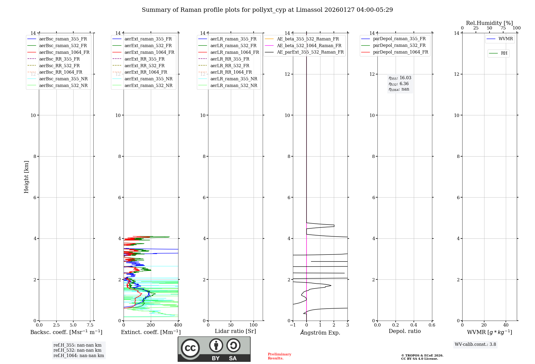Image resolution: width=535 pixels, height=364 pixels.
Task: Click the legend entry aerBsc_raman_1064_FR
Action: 64,52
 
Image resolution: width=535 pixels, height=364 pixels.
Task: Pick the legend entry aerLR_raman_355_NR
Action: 234,79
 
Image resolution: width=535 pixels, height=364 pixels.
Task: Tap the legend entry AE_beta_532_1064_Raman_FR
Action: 309,46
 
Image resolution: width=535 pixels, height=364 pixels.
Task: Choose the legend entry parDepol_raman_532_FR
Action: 399,45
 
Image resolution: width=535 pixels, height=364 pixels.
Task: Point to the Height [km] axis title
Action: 26,177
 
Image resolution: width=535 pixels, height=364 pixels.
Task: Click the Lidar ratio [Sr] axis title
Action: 235,331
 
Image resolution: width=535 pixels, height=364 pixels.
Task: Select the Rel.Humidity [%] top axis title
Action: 489,23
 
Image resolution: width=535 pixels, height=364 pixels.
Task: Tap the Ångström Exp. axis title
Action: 320,333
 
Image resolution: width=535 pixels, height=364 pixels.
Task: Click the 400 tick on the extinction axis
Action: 178,325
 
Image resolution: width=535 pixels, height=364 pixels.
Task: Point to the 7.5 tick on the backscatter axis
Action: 90,325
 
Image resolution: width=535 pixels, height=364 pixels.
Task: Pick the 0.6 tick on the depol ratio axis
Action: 432,325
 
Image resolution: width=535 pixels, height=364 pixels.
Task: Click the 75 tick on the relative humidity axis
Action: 503,28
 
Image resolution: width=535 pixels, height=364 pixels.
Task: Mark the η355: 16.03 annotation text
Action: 400,78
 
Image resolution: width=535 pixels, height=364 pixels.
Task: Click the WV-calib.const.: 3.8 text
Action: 475,344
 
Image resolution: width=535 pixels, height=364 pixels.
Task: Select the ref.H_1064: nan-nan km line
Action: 79,356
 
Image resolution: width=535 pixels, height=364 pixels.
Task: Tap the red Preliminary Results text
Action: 279,356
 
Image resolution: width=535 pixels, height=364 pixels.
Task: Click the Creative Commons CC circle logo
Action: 190,348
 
